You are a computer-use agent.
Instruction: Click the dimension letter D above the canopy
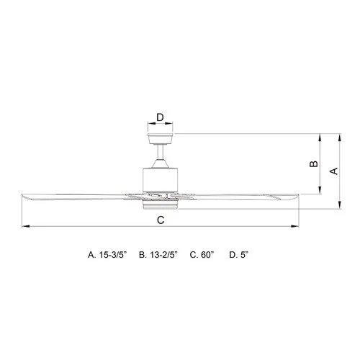160,116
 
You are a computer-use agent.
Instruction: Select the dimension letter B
313,164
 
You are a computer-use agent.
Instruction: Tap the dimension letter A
333,171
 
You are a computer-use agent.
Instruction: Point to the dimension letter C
161,220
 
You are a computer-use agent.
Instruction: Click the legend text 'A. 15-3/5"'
107,255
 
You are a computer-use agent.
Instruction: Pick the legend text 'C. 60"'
204,255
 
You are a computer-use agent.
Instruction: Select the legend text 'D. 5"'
239,255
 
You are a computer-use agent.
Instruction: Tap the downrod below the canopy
160,156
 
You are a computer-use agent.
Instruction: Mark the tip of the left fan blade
24,196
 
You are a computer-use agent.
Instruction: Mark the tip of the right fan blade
296,194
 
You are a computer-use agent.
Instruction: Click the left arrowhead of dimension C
24,228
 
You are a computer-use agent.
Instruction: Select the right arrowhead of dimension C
296,228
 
